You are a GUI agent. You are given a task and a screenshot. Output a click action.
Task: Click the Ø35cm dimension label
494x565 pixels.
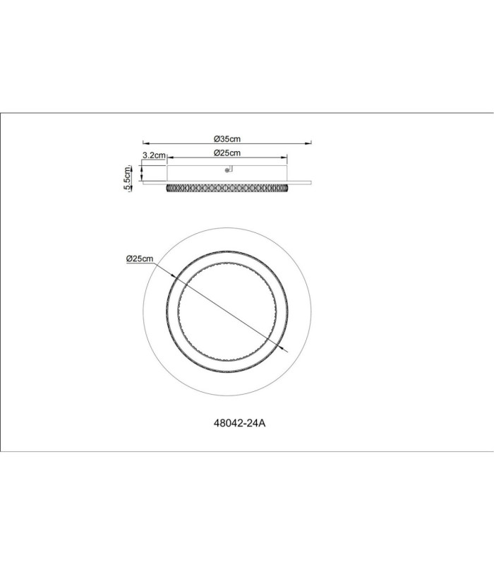(x=227, y=138)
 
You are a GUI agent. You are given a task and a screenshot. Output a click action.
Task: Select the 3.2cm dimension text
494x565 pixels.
(x=154, y=155)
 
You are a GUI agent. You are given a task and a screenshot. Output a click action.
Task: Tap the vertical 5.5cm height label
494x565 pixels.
(x=127, y=178)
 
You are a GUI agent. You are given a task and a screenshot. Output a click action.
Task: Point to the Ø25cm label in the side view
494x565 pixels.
(x=227, y=153)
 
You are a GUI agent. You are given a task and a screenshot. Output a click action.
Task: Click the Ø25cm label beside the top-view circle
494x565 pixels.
(x=140, y=258)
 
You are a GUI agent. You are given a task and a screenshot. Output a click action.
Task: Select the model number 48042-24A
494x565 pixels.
(x=239, y=423)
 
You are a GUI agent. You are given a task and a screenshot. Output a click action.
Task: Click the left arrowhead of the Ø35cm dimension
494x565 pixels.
(x=146, y=143)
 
